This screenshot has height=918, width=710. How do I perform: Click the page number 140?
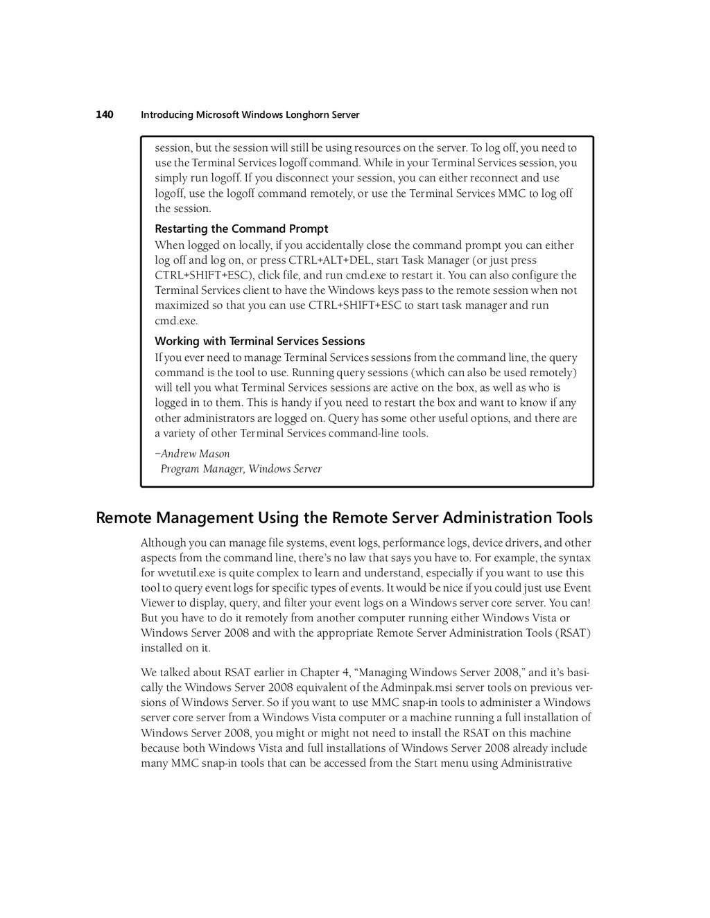tap(104, 114)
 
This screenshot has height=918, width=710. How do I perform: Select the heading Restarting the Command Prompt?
tap(241, 229)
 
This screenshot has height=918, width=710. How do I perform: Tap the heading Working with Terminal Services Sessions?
tap(259, 341)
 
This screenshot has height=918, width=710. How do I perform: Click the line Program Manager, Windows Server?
tap(241, 469)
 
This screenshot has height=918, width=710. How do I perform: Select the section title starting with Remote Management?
tap(344, 518)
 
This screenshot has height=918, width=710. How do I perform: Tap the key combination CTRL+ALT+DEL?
tap(331, 261)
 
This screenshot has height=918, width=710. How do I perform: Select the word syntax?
tap(574, 558)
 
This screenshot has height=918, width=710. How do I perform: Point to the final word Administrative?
tap(536, 763)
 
